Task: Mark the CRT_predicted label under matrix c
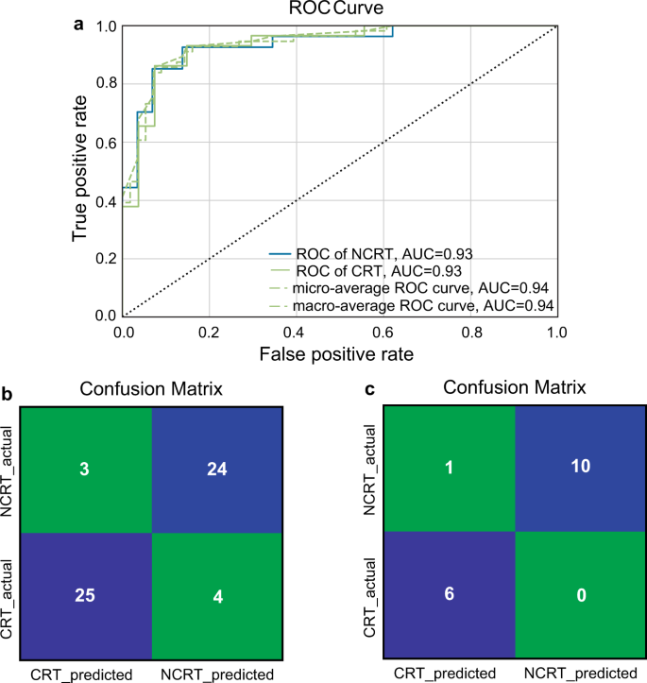pos(445,673)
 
